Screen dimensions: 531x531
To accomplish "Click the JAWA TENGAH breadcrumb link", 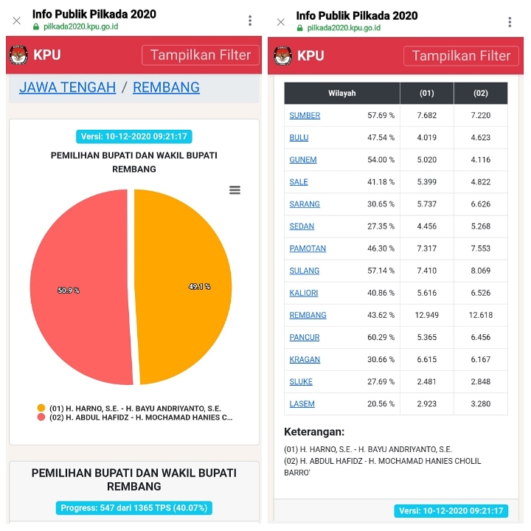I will coord(67,87).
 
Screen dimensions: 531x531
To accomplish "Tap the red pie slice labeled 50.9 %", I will coord(77,288).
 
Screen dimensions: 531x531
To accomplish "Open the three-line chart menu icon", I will coord(235,190).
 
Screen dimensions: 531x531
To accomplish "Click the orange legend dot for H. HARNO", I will coord(41,408).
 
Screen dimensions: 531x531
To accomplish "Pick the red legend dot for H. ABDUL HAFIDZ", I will coord(41,417).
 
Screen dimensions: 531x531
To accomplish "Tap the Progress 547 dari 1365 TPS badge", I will coord(133,507).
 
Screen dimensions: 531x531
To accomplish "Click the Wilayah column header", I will coord(342,94).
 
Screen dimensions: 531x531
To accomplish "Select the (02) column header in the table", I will coord(480,94).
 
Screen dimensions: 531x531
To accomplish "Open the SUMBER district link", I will coord(305,116).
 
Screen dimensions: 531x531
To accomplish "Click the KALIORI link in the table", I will coord(304,293).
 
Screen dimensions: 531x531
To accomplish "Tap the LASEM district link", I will coord(302,404).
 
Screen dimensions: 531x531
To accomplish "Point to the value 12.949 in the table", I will coord(427,315).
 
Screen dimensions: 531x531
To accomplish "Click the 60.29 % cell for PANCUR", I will coord(381,337).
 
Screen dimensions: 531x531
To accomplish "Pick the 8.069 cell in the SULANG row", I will coord(480,271).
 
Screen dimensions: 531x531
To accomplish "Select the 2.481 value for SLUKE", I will coord(427,381).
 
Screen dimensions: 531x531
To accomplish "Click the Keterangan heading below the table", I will coord(314,432).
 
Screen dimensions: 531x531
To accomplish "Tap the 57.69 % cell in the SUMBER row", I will coord(381,116).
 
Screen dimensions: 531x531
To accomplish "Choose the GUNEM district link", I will coord(303,160).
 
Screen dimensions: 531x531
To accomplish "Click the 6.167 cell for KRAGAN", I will coord(480,359).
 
